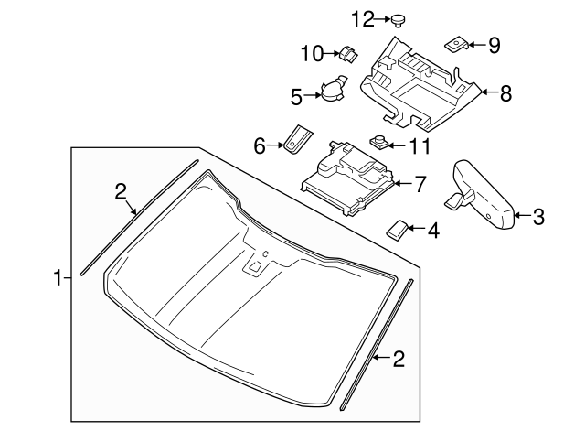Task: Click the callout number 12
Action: point(363,17)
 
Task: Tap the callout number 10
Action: point(313,54)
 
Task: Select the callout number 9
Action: point(495,43)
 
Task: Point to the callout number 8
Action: point(505,92)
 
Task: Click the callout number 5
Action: point(296,94)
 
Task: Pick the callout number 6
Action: point(259,145)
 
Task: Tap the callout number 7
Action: point(420,184)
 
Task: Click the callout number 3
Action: point(537,217)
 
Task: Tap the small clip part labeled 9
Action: point(457,42)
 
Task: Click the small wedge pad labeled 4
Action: point(398,229)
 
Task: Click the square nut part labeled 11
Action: point(378,142)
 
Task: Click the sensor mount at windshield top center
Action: point(257,265)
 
